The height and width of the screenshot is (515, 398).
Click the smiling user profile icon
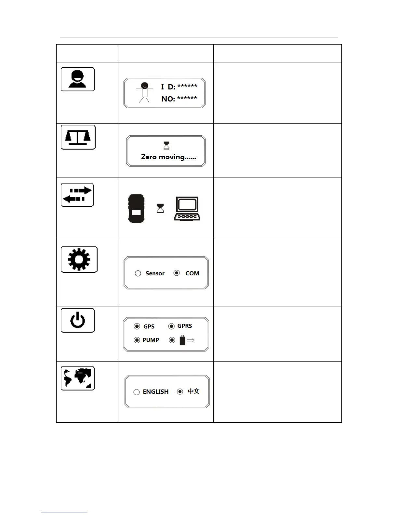(x=78, y=79)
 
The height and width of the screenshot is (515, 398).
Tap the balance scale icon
(x=78, y=137)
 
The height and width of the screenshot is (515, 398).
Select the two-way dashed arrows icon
(x=77, y=195)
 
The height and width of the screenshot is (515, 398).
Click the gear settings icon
(x=79, y=259)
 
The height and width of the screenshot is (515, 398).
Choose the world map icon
(x=78, y=378)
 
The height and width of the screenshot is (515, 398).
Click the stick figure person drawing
(x=144, y=92)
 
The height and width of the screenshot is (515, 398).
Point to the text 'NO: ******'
(x=179, y=99)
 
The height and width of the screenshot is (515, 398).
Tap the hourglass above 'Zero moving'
(x=166, y=145)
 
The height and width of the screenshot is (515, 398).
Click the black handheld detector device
(x=136, y=209)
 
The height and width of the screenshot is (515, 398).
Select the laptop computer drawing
(x=187, y=209)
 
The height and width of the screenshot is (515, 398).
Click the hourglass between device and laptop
(x=160, y=208)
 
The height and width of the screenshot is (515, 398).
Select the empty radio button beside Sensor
(x=138, y=273)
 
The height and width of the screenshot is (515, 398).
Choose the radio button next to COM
(x=177, y=273)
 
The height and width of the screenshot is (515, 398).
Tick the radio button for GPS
(x=137, y=326)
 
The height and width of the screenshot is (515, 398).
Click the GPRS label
(x=185, y=326)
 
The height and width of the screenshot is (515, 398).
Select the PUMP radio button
(x=137, y=340)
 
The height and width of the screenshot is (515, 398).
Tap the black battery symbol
(x=182, y=340)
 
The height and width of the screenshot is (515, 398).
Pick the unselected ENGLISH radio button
(x=137, y=392)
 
